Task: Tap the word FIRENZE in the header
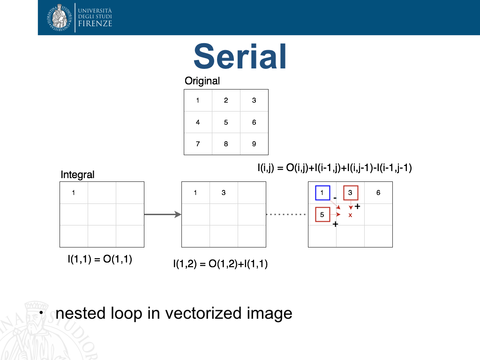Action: tap(95, 23)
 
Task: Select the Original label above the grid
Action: tap(202, 81)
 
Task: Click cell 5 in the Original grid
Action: tap(226, 122)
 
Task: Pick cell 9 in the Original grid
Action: tap(254, 144)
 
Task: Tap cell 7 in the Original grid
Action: tap(198, 144)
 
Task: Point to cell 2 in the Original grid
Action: tap(226, 100)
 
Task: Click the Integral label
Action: tap(77, 174)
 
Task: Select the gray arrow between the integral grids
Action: tap(163, 214)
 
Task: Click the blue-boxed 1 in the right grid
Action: tap(322, 193)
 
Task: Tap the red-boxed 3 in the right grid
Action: tap(351, 193)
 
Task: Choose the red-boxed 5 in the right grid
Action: tap(322, 214)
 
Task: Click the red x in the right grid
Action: tap(350, 215)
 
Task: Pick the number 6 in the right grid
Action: tap(378, 193)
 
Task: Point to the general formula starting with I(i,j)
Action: tap(335, 168)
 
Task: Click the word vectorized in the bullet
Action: tap(204, 313)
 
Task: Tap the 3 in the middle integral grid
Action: tap(224, 193)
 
